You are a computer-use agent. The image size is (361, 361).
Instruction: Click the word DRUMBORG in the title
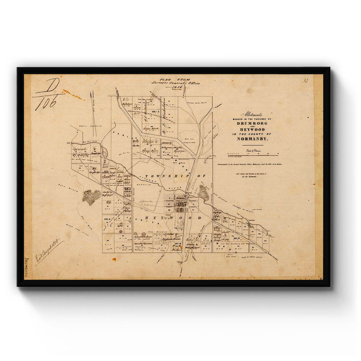tap(252, 124)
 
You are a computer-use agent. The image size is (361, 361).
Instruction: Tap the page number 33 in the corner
tap(305, 80)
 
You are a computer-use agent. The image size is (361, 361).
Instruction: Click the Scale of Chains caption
tap(252, 150)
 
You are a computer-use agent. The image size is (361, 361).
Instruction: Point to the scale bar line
tap(252, 155)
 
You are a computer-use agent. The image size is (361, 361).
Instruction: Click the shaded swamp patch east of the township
tap(203, 193)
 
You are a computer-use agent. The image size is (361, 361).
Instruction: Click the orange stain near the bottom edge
tap(114, 259)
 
